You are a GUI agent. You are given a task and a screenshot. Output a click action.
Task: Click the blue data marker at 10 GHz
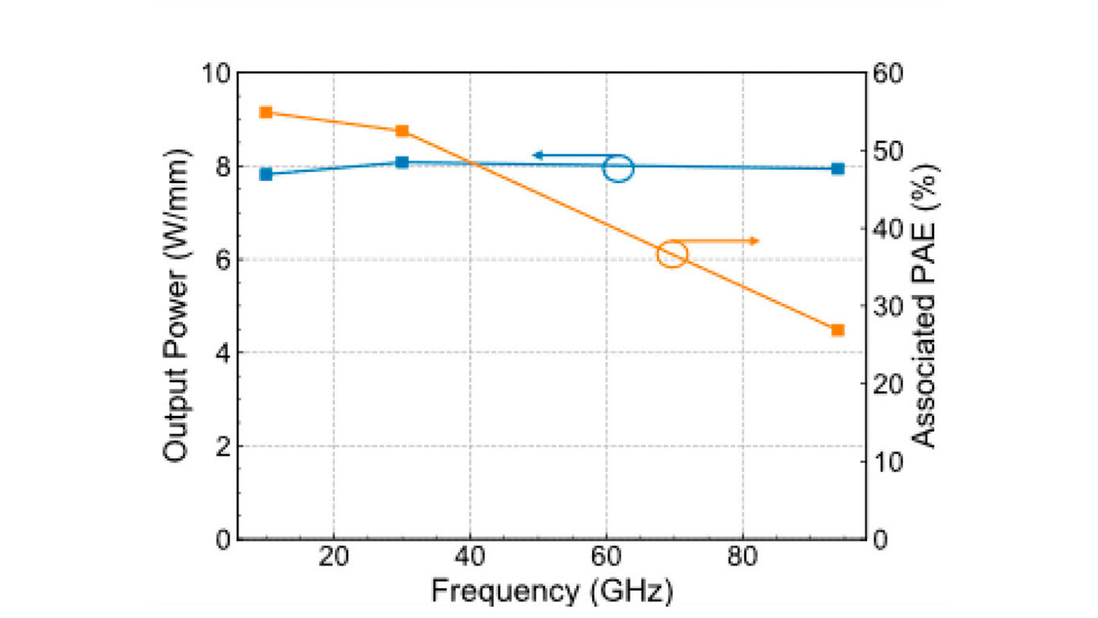[x=266, y=174]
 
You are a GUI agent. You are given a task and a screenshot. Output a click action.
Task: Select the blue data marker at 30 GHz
[x=402, y=162]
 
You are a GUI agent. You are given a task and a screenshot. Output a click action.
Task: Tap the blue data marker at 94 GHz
[x=838, y=169]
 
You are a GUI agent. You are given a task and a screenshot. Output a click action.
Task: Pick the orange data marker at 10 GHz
[x=266, y=112]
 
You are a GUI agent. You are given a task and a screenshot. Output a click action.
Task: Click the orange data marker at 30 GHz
[x=402, y=131]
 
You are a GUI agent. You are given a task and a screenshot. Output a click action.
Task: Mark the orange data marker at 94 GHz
[x=838, y=330]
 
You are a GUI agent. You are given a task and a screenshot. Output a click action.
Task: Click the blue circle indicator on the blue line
[x=618, y=168]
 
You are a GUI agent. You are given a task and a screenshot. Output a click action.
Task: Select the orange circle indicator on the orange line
[x=672, y=254]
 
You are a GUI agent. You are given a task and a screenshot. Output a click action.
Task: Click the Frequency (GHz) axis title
[x=552, y=591]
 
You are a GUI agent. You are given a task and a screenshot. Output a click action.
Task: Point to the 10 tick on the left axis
[x=215, y=73]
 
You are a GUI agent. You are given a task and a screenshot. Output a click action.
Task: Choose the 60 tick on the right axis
[x=888, y=73]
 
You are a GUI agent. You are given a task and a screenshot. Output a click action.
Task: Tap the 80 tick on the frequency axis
[x=742, y=557]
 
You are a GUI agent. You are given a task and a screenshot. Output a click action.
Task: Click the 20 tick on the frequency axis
[x=333, y=557]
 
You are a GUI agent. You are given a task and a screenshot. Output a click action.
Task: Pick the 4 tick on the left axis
[x=222, y=353]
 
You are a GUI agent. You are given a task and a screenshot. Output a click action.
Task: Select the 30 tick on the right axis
[x=888, y=306]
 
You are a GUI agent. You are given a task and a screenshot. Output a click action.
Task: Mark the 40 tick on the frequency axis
[x=470, y=557]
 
